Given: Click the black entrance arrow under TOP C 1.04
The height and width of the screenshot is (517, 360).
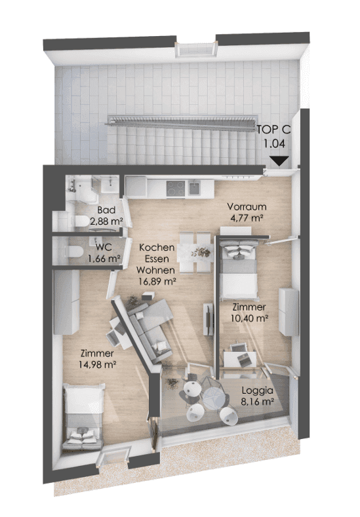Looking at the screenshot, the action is [x=279, y=161].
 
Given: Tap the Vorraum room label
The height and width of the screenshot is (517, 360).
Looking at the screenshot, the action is [x=247, y=207].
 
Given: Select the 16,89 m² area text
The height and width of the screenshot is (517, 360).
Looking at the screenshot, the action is [x=155, y=282].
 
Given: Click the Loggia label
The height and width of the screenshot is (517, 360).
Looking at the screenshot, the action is [x=258, y=391].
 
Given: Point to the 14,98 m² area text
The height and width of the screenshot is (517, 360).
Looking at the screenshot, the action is [x=97, y=364].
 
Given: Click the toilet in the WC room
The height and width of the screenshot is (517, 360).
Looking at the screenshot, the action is [x=73, y=252].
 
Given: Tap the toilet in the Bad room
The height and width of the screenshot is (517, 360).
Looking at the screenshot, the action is [x=81, y=221].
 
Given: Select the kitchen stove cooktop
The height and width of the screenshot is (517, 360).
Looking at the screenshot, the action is [x=176, y=188].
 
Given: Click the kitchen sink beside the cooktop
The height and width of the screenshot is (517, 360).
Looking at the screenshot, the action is [x=195, y=188].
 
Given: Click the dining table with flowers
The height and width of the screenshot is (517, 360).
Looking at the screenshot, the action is [x=194, y=252].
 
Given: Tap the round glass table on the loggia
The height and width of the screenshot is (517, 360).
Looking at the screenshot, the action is [x=213, y=396].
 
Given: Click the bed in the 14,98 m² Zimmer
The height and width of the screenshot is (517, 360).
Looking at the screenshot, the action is [x=83, y=416].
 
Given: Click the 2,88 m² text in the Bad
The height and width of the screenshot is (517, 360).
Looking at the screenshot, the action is [x=106, y=221].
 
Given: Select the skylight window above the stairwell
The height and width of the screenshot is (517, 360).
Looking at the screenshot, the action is [x=197, y=50].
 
